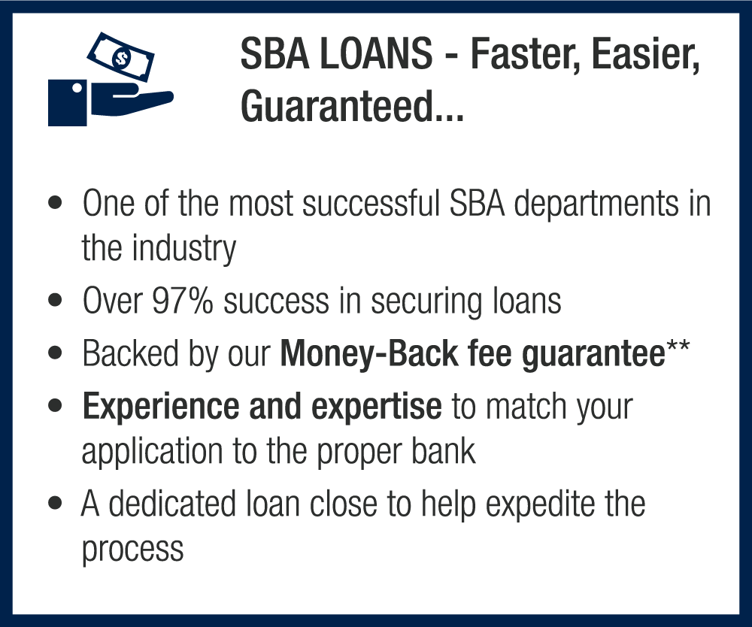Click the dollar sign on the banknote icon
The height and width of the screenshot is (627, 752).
click(121, 58)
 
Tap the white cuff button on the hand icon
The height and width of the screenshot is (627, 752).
click(77, 88)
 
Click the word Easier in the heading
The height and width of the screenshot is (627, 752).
click(645, 54)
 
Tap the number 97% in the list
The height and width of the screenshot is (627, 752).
click(182, 301)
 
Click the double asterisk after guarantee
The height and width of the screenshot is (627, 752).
click(678, 345)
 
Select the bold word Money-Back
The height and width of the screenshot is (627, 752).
click(369, 353)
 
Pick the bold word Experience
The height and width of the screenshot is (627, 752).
click(161, 407)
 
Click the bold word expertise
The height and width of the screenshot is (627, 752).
click(377, 407)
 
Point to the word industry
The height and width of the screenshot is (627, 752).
click(184, 249)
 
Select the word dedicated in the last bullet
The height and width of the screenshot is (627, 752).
click(172, 504)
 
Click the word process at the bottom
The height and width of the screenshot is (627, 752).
click(133, 550)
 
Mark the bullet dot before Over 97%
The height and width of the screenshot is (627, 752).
click(55, 301)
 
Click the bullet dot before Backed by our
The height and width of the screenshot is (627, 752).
click(55, 353)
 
